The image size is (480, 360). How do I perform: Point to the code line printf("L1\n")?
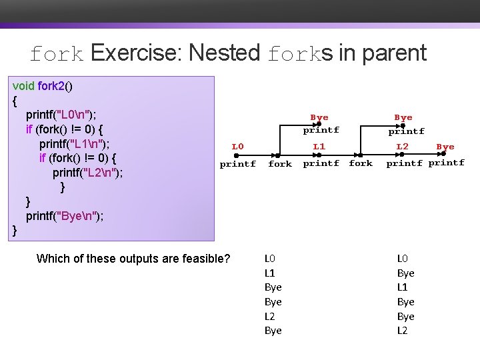coord(75,143)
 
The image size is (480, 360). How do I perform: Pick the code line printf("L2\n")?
coord(88,173)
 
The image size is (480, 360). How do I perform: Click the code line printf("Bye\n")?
coord(64,216)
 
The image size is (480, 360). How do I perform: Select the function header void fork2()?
coord(43,85)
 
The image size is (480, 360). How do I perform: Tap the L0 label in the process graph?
coord(237,147)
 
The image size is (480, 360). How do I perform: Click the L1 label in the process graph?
coord(319,146)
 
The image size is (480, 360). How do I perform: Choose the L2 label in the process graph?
coord(403,146)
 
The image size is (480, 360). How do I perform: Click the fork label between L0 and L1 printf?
coord(280,164)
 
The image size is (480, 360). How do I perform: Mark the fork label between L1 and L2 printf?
coord(361,163)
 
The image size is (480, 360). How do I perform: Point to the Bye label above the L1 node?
coord(319,117)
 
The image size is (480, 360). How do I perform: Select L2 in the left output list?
coord(270,316)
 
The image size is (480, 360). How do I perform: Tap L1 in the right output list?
coord(403,287)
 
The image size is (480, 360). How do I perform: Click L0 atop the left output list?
coord(270,258)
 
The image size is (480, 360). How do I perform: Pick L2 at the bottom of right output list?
coord(403,331)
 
